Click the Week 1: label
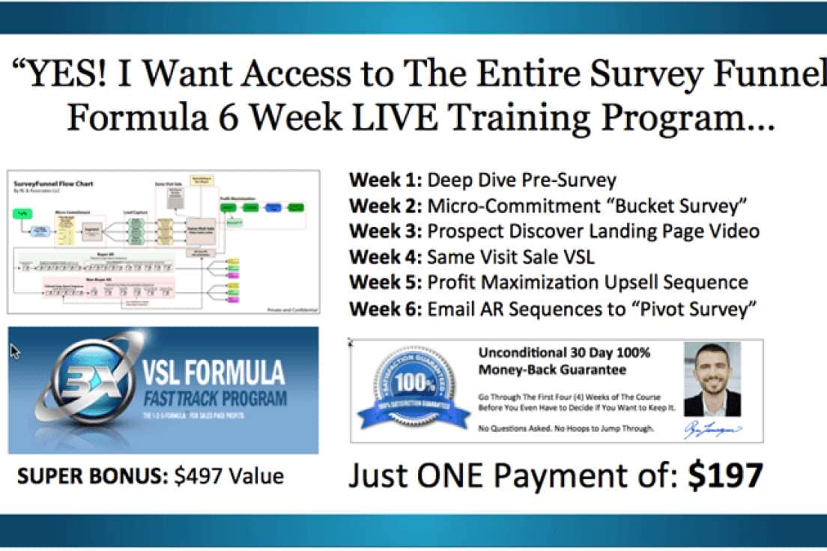tap(385, 180)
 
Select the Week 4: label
tap(385, 258)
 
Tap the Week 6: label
tap(385, 308)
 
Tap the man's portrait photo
tap(712, 379)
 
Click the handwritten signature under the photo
tap(712, 430)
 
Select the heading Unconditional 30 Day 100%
tap(564, 352)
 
